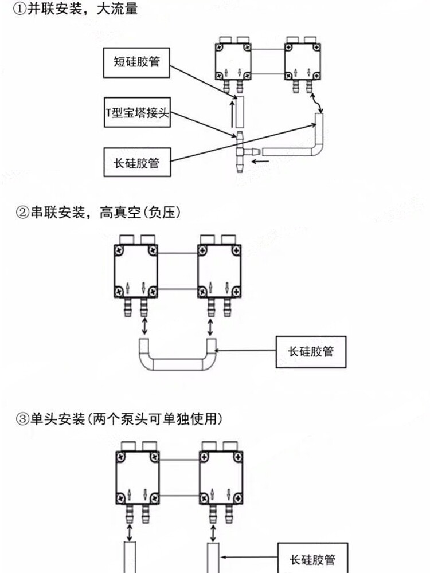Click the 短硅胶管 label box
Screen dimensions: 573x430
pyautogui.click(x=136, y=63)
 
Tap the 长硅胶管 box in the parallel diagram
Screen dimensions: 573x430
pyautogui.click(x=137, y=163)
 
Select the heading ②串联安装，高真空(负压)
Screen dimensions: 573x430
pyautogui.click(x=98, y=213)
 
